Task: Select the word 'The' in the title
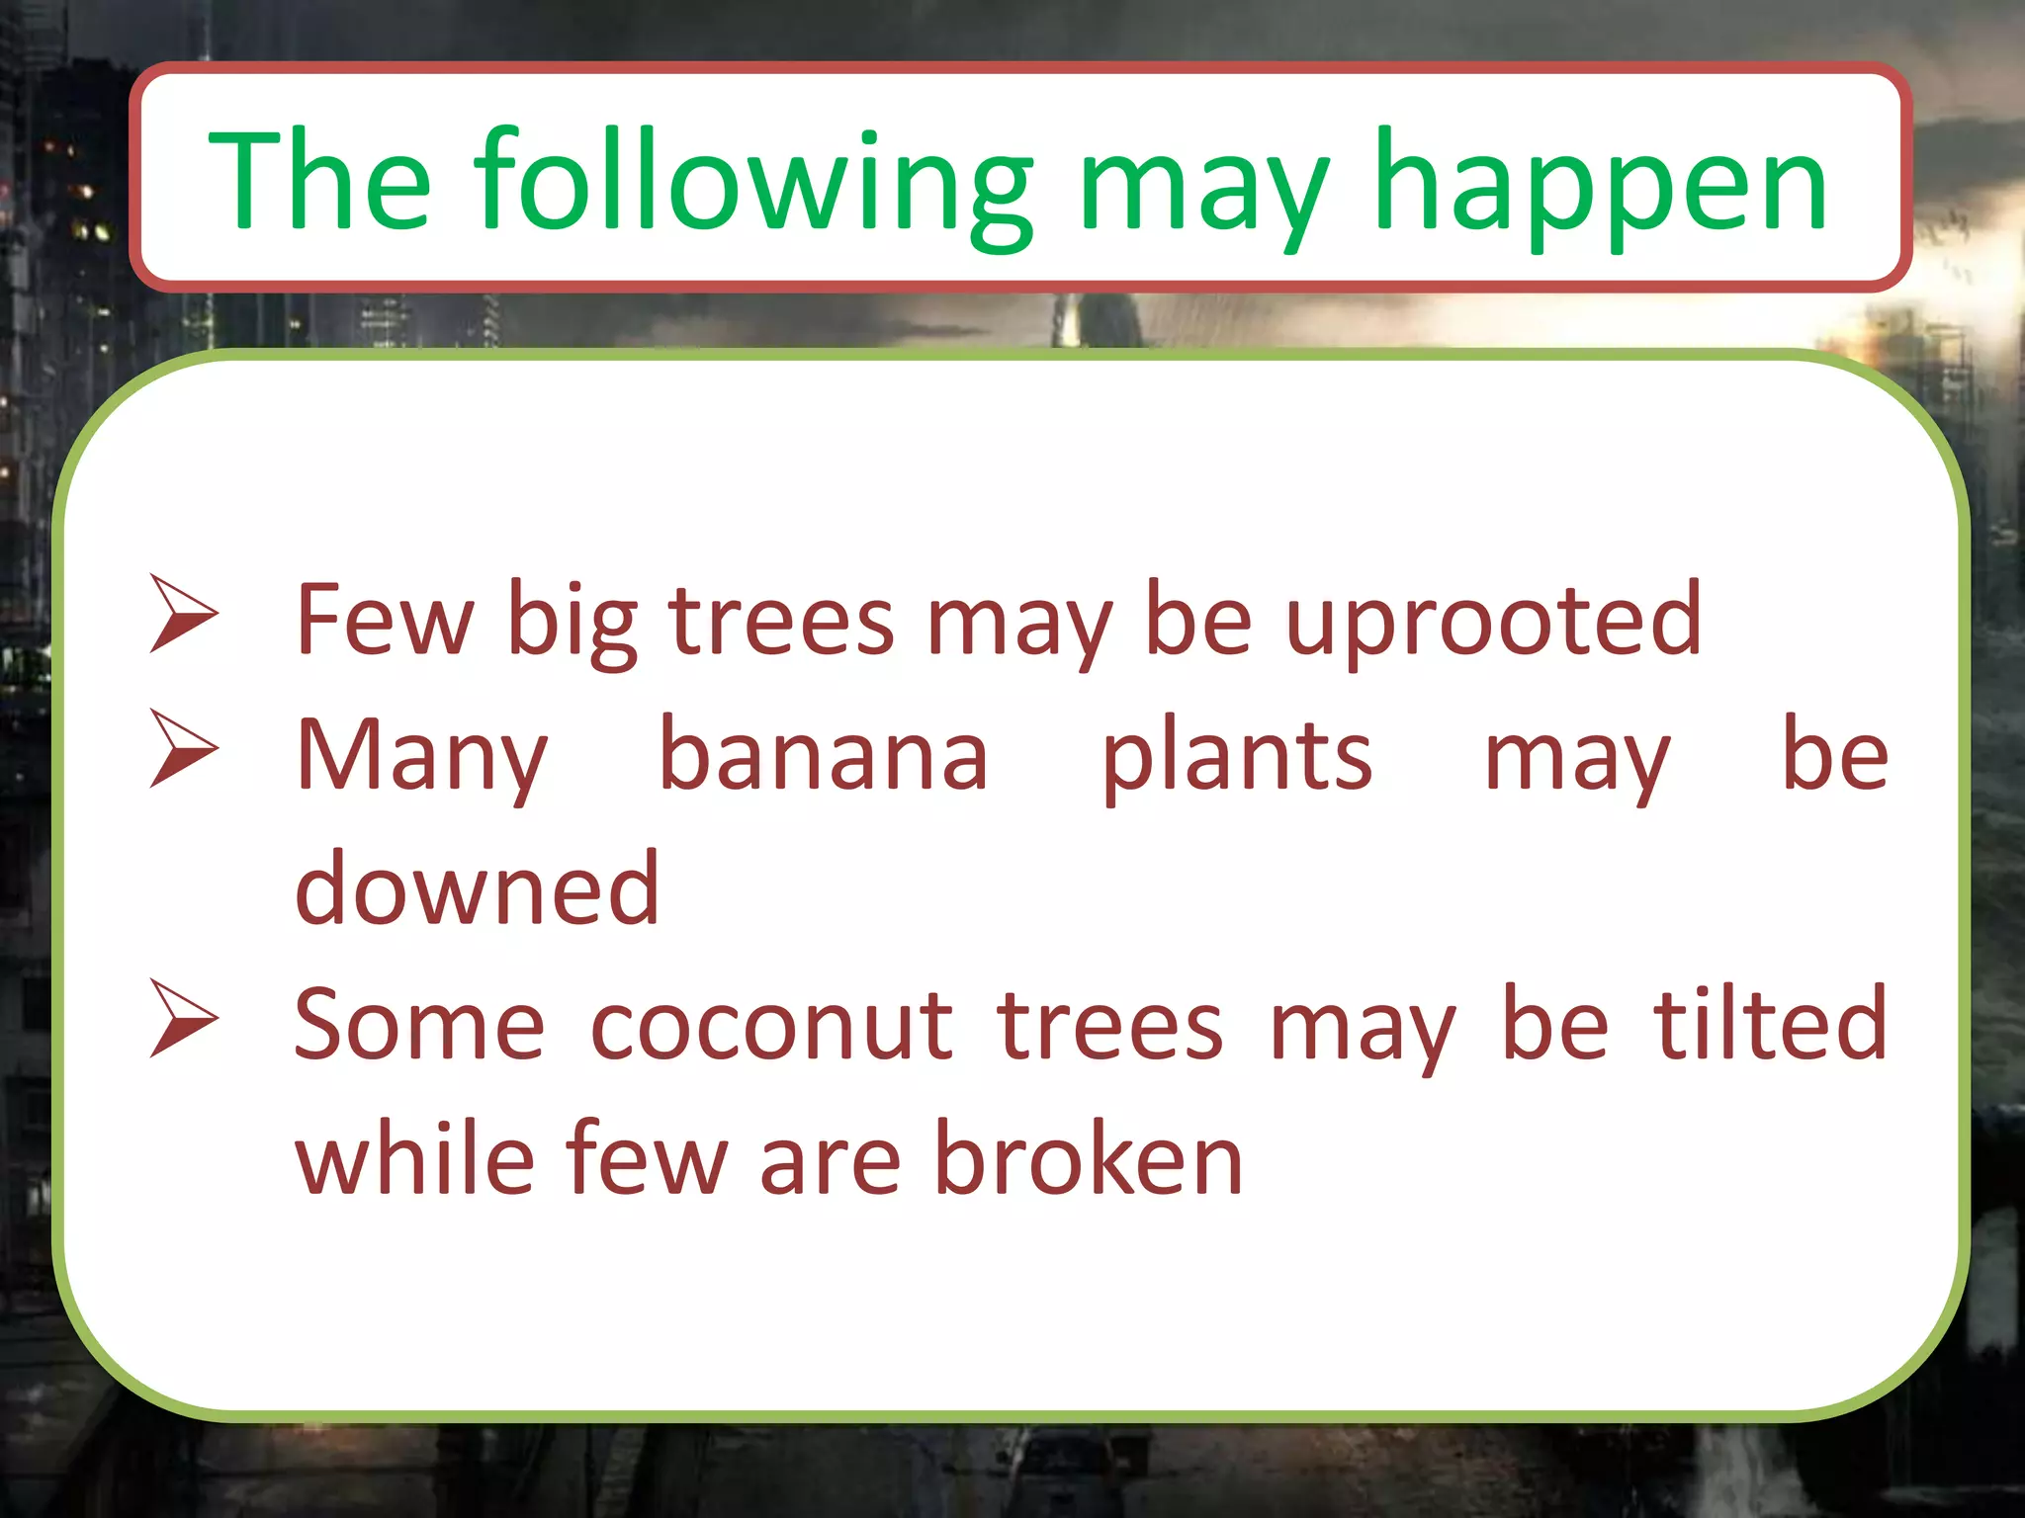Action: coord(319,183)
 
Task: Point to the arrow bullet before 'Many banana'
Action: coord(183,748)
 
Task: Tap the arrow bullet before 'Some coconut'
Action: coord(183,1018)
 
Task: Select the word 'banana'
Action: coord(823,756)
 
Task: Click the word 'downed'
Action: coord(477,889)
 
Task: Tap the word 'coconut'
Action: coord(771,1026)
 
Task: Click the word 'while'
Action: coord(415,1158)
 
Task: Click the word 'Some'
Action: coord(419,1026)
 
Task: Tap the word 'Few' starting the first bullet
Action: coord(385,621)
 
